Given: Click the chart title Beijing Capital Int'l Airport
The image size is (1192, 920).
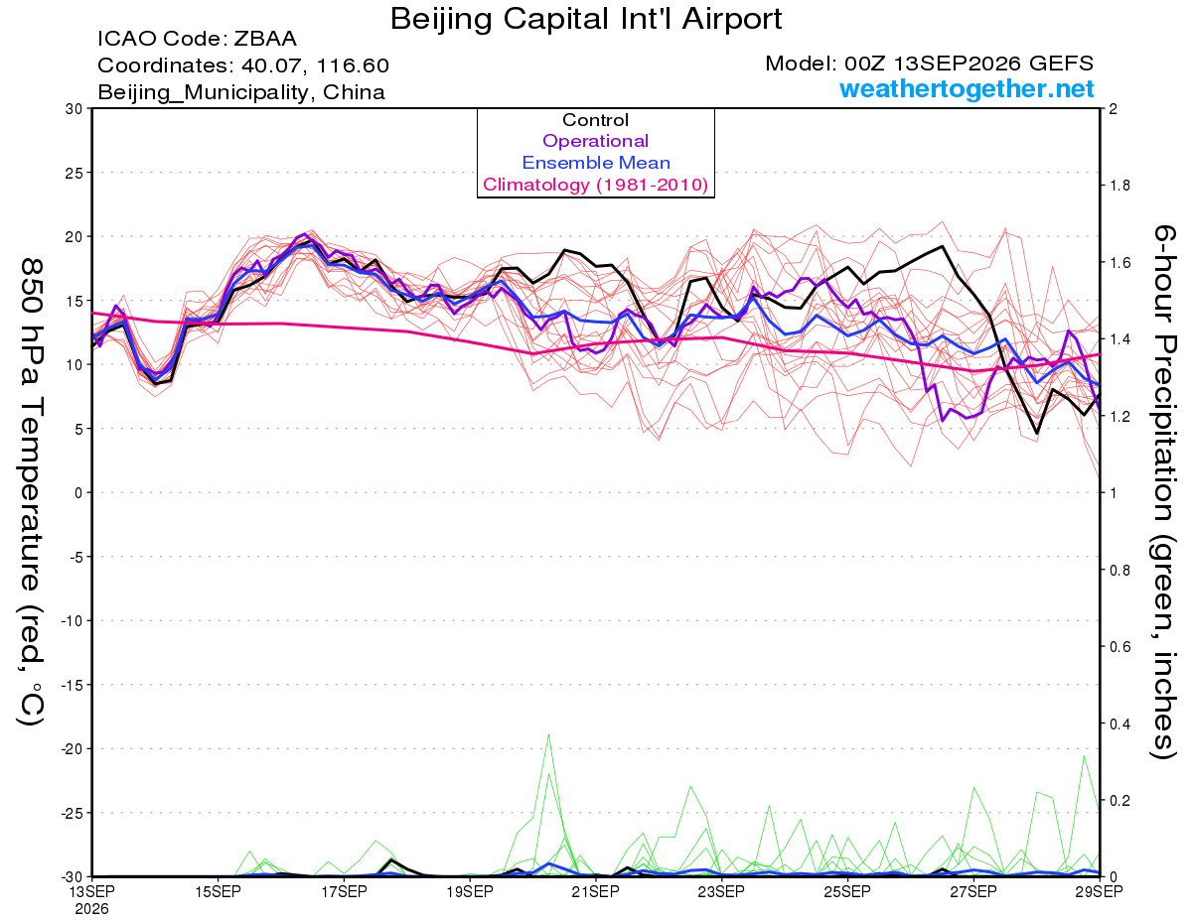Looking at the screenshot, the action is pyautogui.click(x=586, y=19).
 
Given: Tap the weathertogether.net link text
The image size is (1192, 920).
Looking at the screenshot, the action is pyautogui.click(x=967, y=89).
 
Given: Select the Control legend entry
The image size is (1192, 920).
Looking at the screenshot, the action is pyautogui.click(x=595, y=119).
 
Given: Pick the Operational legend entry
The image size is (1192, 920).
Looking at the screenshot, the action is pyautogui.click(x=595, y=141).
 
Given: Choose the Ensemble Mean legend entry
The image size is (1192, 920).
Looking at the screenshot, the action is pyautogui.click(x=596, y=163).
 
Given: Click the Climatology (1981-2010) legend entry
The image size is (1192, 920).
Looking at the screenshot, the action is pyautogui.click(x=595, y=185).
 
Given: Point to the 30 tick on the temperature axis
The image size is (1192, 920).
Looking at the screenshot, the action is pyautogui.click(x=74, y=109).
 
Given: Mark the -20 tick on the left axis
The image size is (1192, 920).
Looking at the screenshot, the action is pyautogui.click(x=72, y=749).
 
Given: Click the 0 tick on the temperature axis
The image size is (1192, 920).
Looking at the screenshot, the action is pyautogui.click(x=78, y=493).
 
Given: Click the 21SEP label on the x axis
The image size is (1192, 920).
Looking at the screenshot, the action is pyautogui.click(x=595, y=892).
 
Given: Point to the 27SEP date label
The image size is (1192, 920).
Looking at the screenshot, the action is pyautogui.click(x=973, y=892).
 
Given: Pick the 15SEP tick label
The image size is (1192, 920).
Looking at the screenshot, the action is pyautogui.click(x=218, y=892).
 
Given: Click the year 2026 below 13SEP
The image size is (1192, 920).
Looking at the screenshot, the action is pyautogui.click(x=91, y=910).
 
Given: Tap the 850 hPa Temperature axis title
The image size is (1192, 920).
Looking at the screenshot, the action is pyautogui.click(x=32, y=492).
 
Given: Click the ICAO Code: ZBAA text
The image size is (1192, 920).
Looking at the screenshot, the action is pyautogui.click(x=197, y=39).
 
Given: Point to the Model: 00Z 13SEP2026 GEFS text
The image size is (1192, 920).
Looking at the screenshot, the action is pyautogui.click(x=929, y=64).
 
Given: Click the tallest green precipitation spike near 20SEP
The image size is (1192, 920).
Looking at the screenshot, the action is pyautogui.click(x=548, y=735).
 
